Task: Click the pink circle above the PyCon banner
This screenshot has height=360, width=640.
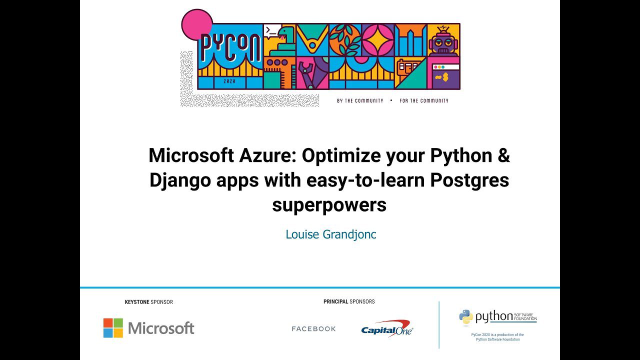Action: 196,24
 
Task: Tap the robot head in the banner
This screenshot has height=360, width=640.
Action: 443,41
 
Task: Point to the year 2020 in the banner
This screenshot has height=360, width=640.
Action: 229,81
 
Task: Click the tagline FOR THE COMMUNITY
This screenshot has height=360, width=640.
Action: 424,100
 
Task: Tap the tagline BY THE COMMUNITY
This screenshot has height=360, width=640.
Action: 360,100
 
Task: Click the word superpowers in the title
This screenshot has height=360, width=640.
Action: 329,204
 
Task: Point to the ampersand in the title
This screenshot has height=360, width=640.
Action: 503,155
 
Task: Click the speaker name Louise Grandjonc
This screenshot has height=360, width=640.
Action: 330,234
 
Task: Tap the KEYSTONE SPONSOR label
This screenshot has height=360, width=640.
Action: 148,302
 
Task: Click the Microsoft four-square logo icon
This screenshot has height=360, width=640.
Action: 113,328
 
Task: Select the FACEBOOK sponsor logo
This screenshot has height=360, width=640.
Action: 313,328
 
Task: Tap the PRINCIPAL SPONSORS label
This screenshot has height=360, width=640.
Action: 349,301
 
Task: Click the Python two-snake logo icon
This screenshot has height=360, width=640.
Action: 466,317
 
